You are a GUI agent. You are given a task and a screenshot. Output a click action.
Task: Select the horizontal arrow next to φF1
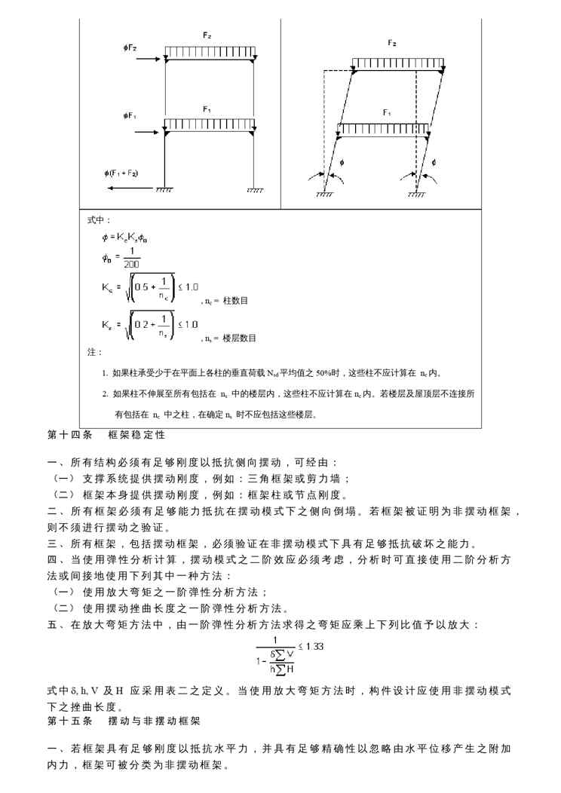point(146,130)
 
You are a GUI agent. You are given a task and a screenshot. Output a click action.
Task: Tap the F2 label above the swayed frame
point(391,43)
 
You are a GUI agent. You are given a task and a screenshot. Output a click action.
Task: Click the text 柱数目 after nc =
point(237,301)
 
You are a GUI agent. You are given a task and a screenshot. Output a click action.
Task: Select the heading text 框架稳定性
point(136,436)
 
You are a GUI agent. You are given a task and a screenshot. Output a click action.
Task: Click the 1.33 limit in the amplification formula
point(312,647)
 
